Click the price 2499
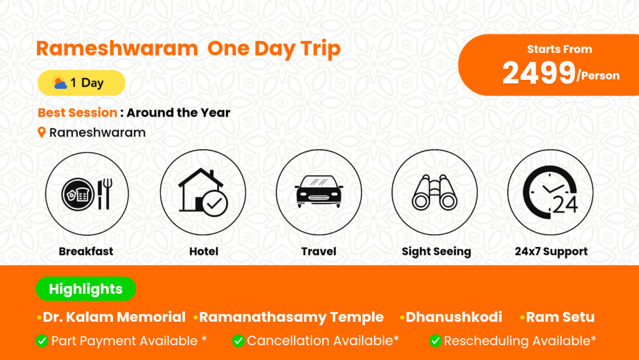click(x=539, y=73)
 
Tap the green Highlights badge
click(x=86, y=289)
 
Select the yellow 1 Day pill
click(x=82, y=83)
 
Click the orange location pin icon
click(x=42, y=132)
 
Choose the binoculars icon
click(x=434, y=193)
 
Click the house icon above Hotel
click(x=203, y=192)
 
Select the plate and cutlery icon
click(x=87, y=194)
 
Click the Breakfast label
click(x=86, y=251)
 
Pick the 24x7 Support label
click(x=551, y=251)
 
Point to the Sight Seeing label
click(x=436, y=251)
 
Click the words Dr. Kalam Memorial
click(x=114, y=317)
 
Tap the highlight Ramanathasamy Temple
click(x=291, y=317)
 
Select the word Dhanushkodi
click(x=454, y=317)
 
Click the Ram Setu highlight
click(x=560, y=317)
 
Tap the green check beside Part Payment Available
click(x=42, y=341)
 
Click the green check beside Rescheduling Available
click(x=435, y=341)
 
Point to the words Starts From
click(x=560, y=49)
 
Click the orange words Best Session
click(x=77, y=112)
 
